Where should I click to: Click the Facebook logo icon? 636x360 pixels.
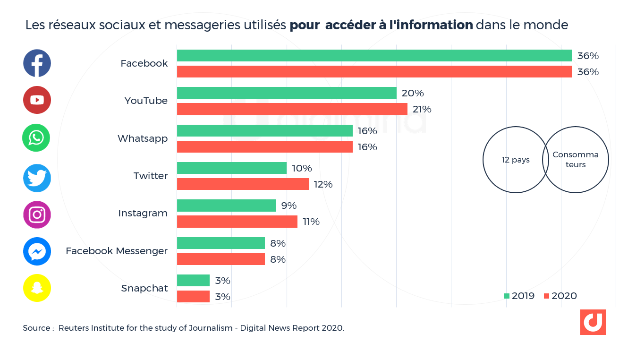coord(37,63)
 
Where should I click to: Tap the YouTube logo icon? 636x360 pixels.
coord(37,100)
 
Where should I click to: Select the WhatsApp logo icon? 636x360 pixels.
coord(36,138)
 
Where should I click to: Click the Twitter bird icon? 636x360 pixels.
coord(37,178)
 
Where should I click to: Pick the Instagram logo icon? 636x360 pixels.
coord(37,215)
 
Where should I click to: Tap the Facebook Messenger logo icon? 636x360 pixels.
coord(37,251)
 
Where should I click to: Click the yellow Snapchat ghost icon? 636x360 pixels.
coord(37,288)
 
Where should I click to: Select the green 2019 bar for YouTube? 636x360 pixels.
coord(287,93)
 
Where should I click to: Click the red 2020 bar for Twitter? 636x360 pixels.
coord(243,184)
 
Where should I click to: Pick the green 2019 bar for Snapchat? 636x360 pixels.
coord(193,281)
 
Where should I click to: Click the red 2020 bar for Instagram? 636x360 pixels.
coord(237,222)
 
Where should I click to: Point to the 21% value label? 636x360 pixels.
coord(422,109)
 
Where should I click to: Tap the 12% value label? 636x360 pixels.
coord(323,184)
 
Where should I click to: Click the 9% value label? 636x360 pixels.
coord(288,206)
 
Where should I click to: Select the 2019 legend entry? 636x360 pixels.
coord(519,296)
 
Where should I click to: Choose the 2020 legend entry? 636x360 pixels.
coord(560,296)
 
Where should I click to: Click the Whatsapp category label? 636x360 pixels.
coord(143,138)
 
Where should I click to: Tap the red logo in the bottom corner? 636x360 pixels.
coord(593,322)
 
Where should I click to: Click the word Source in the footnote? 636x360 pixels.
coord(36,328)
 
